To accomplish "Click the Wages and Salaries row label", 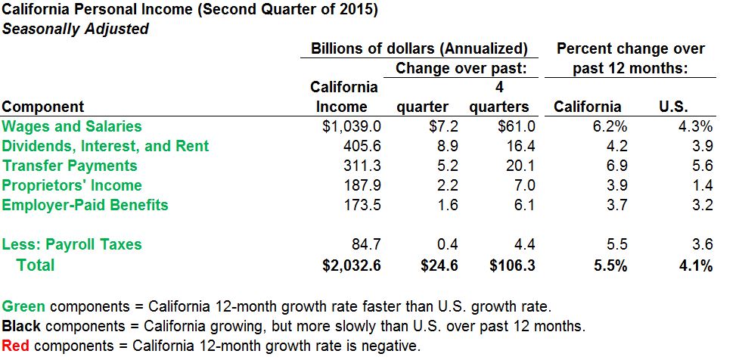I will (72, 126).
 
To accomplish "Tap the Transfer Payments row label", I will (70, 166).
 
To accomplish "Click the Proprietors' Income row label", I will (72, 185).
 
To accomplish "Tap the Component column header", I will (43, 107).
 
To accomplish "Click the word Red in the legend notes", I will (15, 346).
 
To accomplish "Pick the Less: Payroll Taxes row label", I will (72, 244).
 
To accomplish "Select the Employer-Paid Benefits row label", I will (85, 205).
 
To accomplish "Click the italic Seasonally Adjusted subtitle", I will (75, 29).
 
